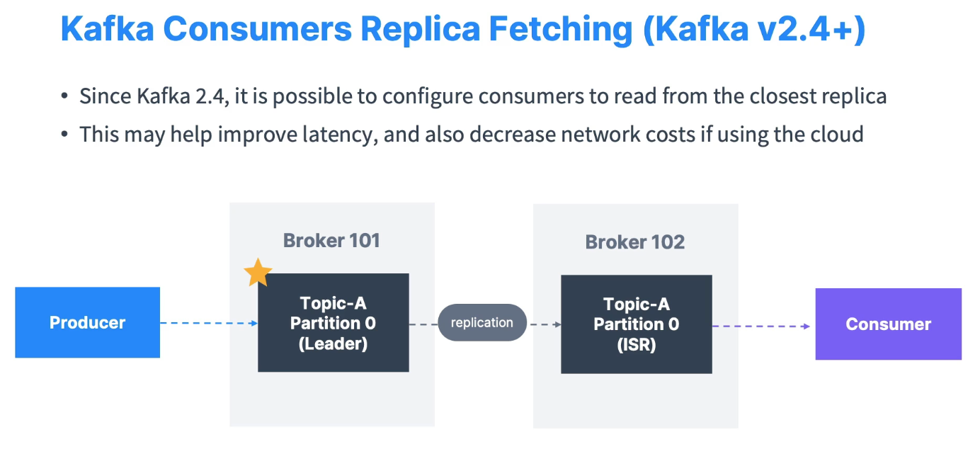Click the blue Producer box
pyautogui.click(x=87, y=322)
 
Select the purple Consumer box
pyautogui.click(x=888, y=324)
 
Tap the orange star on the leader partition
pyautogui.click(x=258, y=273)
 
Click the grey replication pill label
pyautogui.click(x=482, y=322)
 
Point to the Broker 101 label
pyautogui.click(x=331, y=240)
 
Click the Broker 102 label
pyautogui.click(x=634, y=242)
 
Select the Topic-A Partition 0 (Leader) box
pyautogui.click(x=333, y=322)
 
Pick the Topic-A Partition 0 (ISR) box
pyautogui.click(x=636, y=324)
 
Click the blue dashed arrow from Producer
pyautogui.click(x=208, y=323)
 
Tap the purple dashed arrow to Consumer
pyautogui.click(x=762, y=326)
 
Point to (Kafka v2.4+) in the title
pyautogui.click(x=753, y=29)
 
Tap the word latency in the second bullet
pyautogui.click(x=332, y=134)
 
